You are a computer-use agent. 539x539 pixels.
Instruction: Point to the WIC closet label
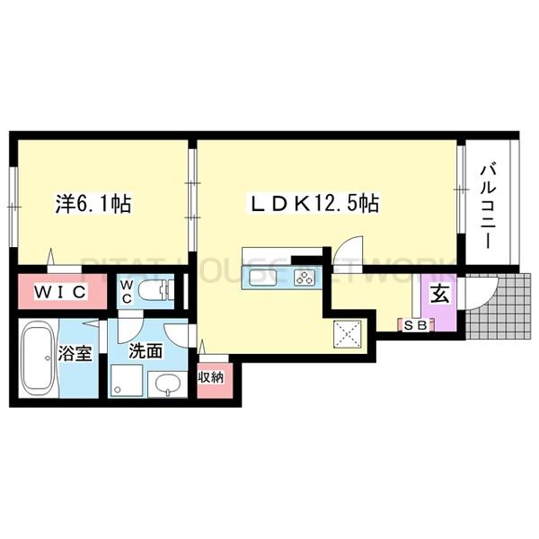click(59, 292)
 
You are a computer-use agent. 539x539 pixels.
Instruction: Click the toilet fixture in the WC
click(160, 291)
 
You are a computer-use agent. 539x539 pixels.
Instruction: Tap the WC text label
click(127, 291)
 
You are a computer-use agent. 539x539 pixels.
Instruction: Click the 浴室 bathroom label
click(75, 352)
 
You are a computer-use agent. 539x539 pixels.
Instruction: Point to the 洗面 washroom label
click(145, 351)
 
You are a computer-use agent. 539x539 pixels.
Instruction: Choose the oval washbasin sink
click(168, 387)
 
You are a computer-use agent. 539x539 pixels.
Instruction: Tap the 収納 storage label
click(211, 377)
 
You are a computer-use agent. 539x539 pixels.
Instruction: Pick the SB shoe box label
click(414, 323)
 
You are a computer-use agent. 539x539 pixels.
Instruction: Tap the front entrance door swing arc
click(475, 292)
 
